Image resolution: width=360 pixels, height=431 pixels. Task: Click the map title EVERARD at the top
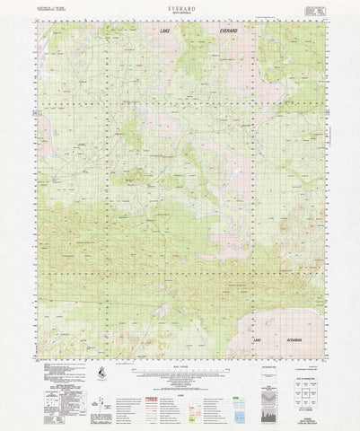(x=180, y=7)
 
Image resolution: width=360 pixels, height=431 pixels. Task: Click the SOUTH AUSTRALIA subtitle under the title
(x=180, y=13)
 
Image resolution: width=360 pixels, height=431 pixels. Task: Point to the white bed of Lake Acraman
(x=287, y=319)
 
